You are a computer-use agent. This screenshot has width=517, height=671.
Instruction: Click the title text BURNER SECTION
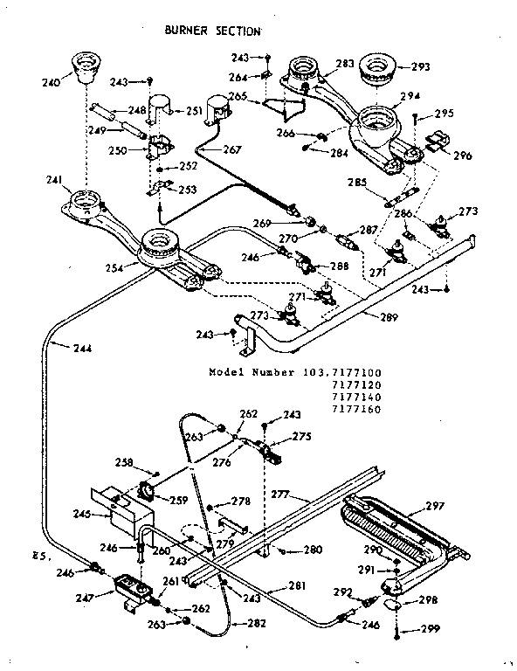point(212,31)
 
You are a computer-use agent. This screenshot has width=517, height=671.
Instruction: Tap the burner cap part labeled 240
point(85,68)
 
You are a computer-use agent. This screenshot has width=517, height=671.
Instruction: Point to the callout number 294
point(410,97)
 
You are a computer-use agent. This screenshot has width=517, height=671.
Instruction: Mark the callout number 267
point(231,149)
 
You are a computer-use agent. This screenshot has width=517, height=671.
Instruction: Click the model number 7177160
point(358,408)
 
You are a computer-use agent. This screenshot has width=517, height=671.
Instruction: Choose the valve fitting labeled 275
point(272,452)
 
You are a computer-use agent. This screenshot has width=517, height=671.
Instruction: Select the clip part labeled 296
point(439,142)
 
